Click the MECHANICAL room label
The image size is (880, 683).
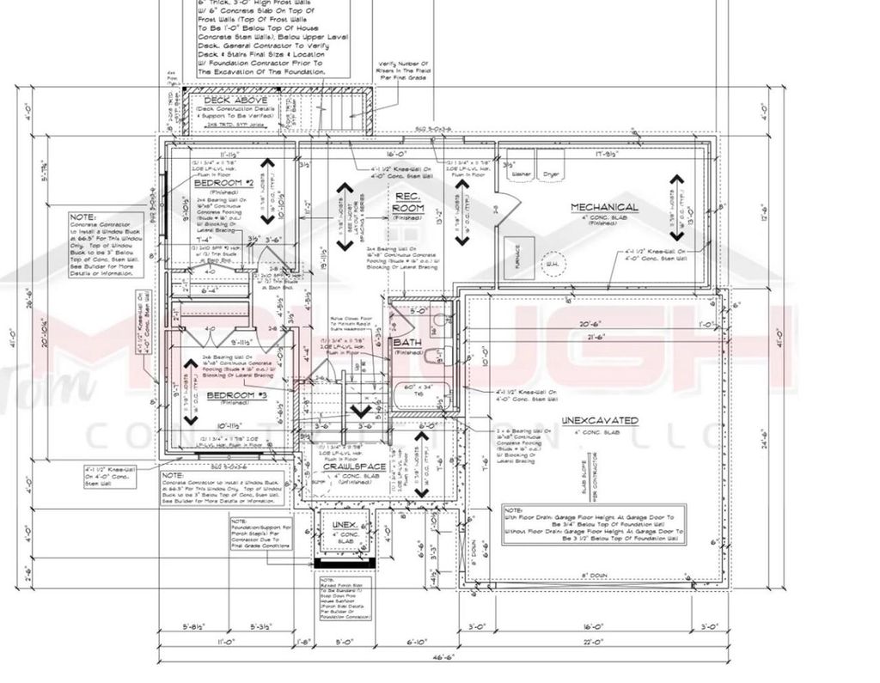[x=605, y=207]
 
